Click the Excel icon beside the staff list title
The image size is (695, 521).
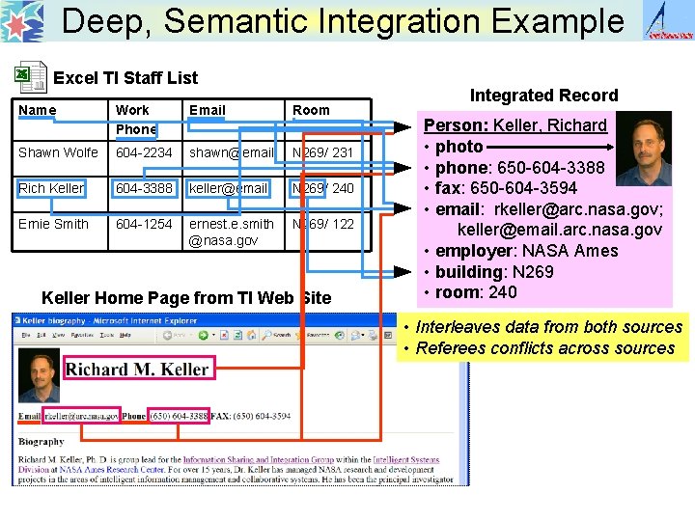32,77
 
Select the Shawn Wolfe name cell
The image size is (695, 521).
59,152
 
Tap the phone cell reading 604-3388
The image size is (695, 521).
145,188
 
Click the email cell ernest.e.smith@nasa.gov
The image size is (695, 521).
232,232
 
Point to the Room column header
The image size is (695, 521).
311,110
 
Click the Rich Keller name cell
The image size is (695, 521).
51,188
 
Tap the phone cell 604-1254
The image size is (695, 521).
145,224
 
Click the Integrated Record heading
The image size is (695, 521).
543,95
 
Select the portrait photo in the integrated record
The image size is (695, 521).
642,148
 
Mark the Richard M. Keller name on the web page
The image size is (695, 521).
136,369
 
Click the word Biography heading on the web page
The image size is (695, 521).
42,442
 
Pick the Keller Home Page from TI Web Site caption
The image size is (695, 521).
186,298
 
